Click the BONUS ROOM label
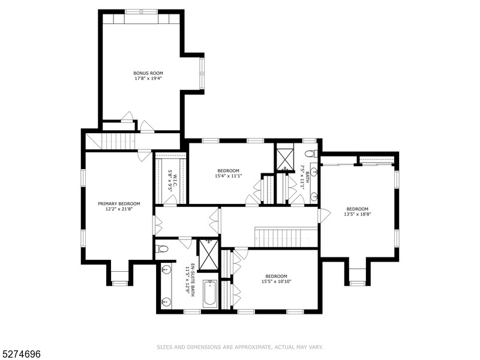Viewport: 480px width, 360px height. coord(148,73)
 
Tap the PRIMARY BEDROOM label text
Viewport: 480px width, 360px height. coord(119,203)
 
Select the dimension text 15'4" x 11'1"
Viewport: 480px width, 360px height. coord(228,176)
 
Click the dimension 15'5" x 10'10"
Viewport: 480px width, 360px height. coord(277,281)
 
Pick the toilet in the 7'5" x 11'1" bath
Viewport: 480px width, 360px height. coord(310,154)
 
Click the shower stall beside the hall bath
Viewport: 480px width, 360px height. coord(284,156)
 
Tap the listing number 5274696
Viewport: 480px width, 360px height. coord(20,355)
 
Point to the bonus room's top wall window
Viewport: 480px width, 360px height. coord(141,11)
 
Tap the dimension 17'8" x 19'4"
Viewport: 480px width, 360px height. coord(148,79)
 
